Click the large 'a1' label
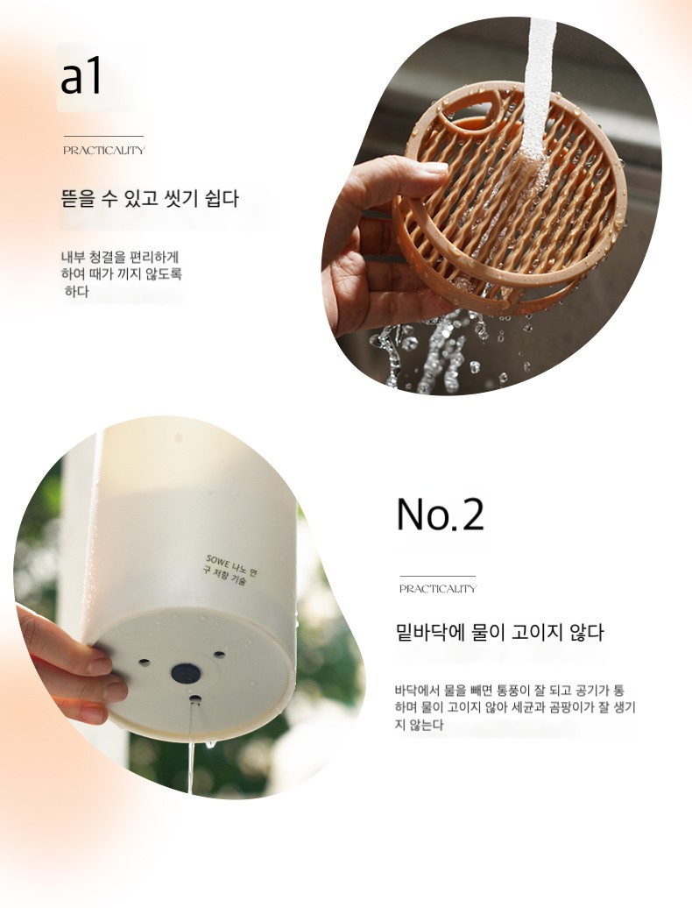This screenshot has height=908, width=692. click(81, 77)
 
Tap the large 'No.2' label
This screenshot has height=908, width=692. click(440, 514)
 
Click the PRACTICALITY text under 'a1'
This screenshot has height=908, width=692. click(104, 151)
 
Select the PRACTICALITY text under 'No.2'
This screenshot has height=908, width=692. click(438, 589)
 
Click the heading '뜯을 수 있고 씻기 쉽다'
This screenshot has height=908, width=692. click(150, 199)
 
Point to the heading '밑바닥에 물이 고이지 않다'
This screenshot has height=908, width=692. click(499, 633)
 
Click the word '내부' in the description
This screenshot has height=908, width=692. click(74, 256)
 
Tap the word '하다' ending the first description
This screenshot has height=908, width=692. click(77, 291)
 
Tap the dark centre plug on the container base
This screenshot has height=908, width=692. click(187, 673)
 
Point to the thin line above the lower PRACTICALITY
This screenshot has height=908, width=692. click(437, 576)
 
